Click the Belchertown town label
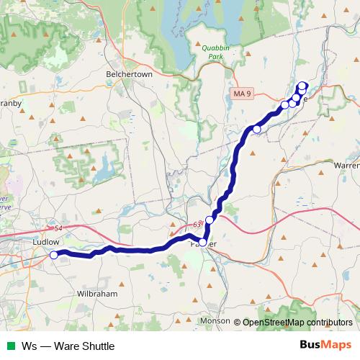click(130, 74)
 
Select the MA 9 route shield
click(243, 94)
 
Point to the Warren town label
click(346, 165)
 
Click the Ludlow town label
click(47, 243)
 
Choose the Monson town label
click(216, 320)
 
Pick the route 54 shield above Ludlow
click(59, 228)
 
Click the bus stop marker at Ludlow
click(54, 255)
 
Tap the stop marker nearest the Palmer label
click(204, 243)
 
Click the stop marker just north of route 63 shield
click(210, 220)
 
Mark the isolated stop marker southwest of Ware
click(257, 130)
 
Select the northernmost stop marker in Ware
click(302, 85)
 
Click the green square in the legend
click(10, 346)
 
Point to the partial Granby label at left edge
click(11, 103)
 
